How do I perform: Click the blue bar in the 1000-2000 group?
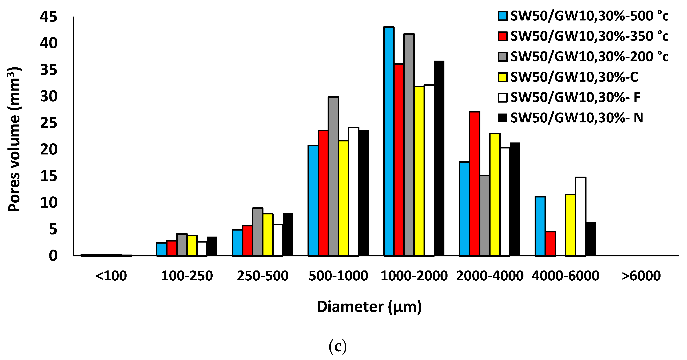pyautogui.click(x=389, y=141)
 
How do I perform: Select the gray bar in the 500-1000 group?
pyautogui.click(x=333, y=176)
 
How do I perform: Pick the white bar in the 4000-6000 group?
pyautogui.click(x=580, y=216)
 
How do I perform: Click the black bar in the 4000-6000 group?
pyautogui.click(x=591, y=239)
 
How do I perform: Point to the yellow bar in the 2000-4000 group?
pyautogui.click(x=495, y=194)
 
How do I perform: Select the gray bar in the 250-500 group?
pyautogui.click(x=258, y=232)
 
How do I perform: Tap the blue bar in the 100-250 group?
pyautogui.click(x=161, y=249)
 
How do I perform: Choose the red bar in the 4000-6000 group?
pyautogui.click(x=551, y=243)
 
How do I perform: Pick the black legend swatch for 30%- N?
pyautogui.click(x=503, y=118)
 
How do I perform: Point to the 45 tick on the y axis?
pyautogui.click(x=49, y=17)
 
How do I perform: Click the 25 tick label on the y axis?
pyautogui.click(x=49, y=123)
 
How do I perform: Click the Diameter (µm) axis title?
pyautogui.click(x=369, y=307)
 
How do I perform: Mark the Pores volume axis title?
pyautogui.click(x=14, y=139)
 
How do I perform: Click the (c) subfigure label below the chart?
pyautogui.click(x=338, y=346)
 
